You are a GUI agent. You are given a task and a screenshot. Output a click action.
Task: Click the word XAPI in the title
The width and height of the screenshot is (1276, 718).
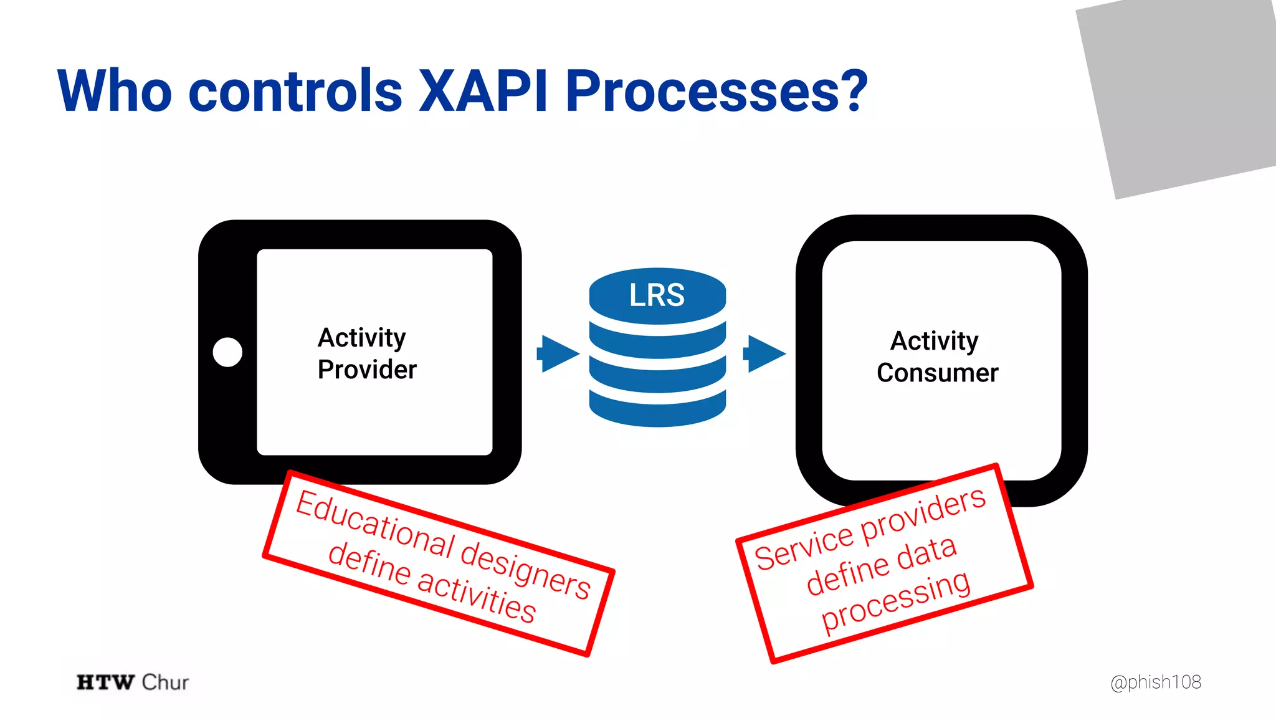[483, 91]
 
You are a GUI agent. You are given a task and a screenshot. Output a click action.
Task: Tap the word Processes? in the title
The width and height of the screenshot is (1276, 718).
[717, 91]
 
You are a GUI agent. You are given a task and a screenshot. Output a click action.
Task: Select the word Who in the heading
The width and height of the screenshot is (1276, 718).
[115, 91]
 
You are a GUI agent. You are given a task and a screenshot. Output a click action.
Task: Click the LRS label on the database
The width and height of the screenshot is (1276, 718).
[657, 295]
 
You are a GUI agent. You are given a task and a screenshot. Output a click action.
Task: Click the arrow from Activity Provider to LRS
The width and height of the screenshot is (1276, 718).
[558, 353]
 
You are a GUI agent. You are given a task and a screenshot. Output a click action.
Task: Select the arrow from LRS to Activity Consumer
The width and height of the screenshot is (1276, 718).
[764, 353]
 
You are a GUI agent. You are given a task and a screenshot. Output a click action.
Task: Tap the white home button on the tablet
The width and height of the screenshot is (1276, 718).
[227, 352]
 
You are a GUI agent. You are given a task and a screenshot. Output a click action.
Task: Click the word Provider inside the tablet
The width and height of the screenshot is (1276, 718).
[367, 370]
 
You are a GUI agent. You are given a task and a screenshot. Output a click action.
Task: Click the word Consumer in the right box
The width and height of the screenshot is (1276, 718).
[937, 373]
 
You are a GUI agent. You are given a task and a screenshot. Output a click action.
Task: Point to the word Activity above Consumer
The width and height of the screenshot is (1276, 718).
[934, 341]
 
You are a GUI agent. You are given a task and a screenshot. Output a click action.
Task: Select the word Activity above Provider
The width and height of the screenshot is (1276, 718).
[361, 338]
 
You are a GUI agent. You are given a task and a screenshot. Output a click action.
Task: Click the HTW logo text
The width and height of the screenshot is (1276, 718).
[105, 682]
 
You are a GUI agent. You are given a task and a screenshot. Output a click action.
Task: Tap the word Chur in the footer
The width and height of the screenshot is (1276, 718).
[165, 682]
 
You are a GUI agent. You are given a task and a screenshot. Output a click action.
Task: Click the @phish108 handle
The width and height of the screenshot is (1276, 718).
[1155, 682]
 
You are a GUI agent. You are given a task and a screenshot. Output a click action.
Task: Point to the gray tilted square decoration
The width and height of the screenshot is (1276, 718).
[1178, 93]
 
